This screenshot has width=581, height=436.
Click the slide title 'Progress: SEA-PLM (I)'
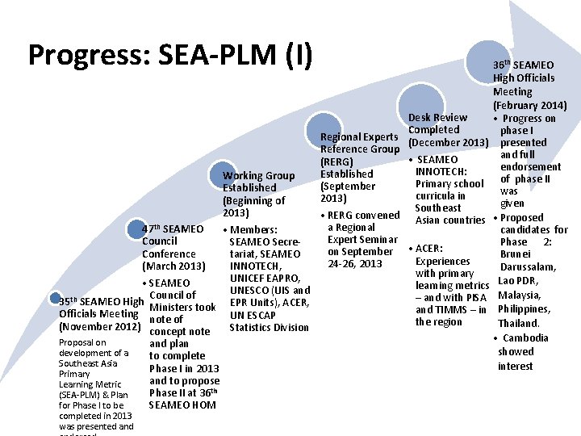click(x=169, y=54)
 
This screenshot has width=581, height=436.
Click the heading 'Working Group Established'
click(x=258, y=182)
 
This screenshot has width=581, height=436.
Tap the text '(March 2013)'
click(x=174, y=266)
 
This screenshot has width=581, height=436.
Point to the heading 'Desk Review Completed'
click(x=437, y=124)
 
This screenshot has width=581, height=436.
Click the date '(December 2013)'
click(x=448, y=143)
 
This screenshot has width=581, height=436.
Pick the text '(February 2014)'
click(x=529, y=106)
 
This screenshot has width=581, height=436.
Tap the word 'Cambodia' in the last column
click(x=525, y=338)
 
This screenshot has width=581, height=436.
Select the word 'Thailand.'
click(x=518, y=324)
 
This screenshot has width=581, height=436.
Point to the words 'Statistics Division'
click(x=269, y=327)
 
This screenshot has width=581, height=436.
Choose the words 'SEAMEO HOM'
click(x=182, y=405)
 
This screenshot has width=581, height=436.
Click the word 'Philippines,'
click(x=525, y=309)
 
